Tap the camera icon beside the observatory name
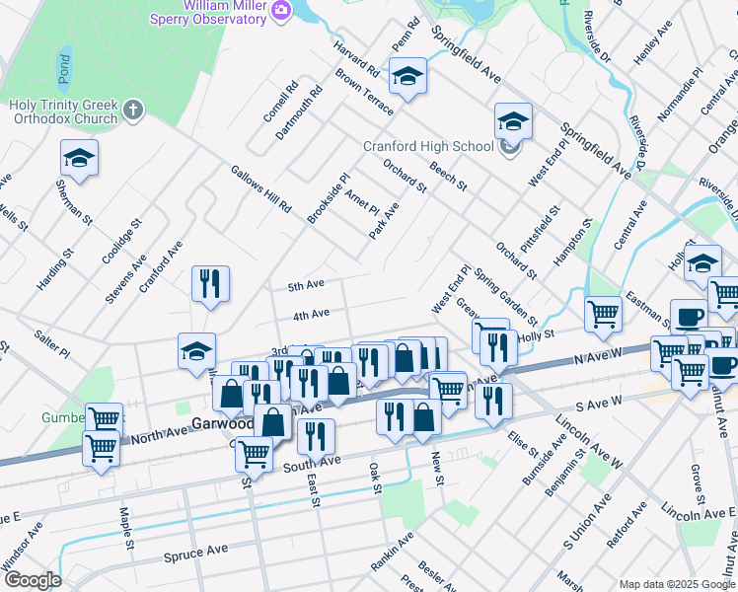[281, 11]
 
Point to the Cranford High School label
[428, 147]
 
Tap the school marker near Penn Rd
[406, 76]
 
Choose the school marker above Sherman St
[80, 157]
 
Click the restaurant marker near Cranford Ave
[210, 284]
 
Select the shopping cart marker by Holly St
[603, 315]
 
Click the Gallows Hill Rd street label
[261, 189]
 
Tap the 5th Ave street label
[306, 286]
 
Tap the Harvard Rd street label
[356, 60]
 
